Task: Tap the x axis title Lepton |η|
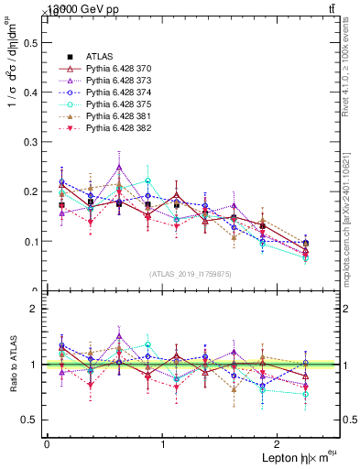pyautogui.click(x=285, y=458)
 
